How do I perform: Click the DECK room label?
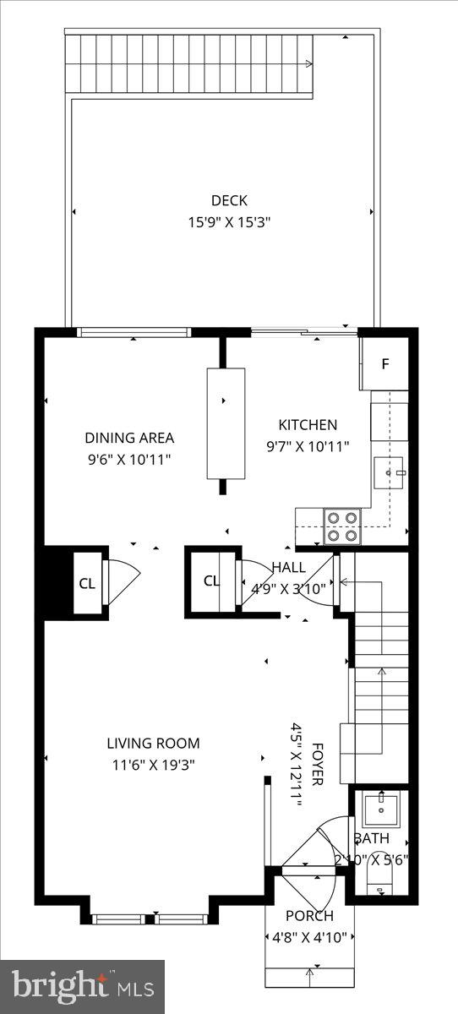229,200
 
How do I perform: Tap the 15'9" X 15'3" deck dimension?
229,223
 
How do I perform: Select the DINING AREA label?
129,438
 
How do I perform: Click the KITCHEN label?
308,425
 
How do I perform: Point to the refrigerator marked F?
385,364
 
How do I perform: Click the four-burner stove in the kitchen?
343,526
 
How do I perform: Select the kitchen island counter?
226,423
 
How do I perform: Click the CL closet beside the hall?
211,581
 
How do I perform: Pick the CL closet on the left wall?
87,583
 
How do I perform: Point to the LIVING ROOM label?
153,744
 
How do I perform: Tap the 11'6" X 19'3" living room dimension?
153,766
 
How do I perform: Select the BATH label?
372,839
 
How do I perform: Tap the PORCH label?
309,916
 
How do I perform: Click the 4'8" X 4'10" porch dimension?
309,937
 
